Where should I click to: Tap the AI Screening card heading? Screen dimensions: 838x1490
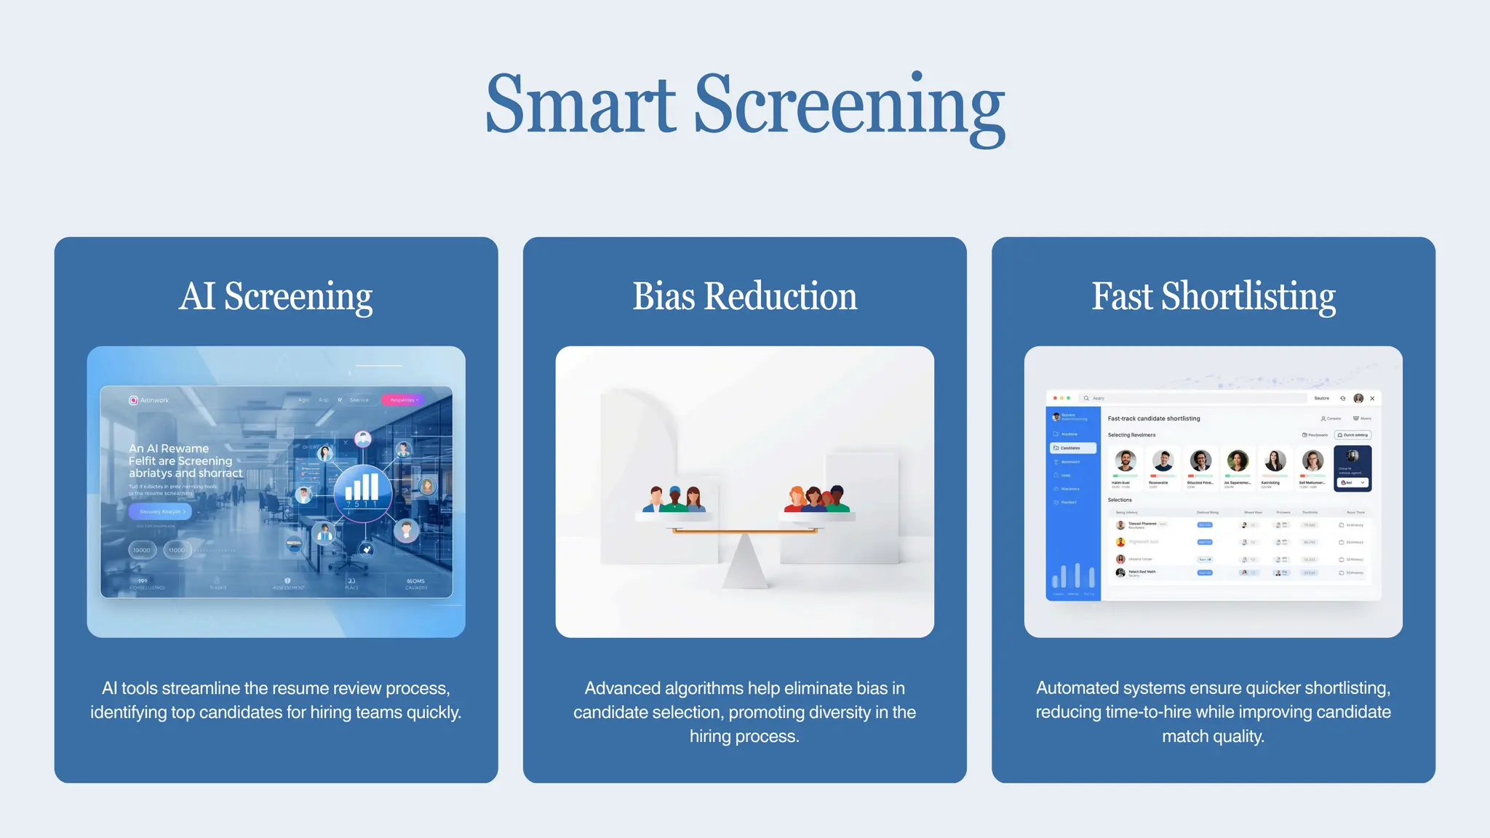(x=276, y=296)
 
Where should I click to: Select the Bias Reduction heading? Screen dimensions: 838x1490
(x=744, y=296)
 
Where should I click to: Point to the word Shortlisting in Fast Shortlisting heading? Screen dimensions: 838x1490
(x=1248, y=296)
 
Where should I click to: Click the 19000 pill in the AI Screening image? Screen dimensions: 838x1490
(x=142, y=550)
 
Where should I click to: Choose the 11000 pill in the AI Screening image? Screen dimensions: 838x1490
(x=177, y=550)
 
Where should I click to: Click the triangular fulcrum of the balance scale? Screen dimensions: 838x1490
(x=744, y=564)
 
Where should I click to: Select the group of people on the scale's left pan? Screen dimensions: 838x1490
(x=674, y=499)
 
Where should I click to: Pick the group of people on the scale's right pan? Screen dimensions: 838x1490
(x=816, y=499)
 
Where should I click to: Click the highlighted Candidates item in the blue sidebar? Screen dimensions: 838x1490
(x=1072, y=448)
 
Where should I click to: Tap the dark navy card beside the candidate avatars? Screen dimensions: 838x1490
(x=1352, y=468)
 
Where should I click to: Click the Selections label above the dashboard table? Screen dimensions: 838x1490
(x=1120, y=500)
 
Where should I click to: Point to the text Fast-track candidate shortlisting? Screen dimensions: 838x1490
(x=1153, y=418)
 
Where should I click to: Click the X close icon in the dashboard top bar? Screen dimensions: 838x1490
(x=1372, y=398)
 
